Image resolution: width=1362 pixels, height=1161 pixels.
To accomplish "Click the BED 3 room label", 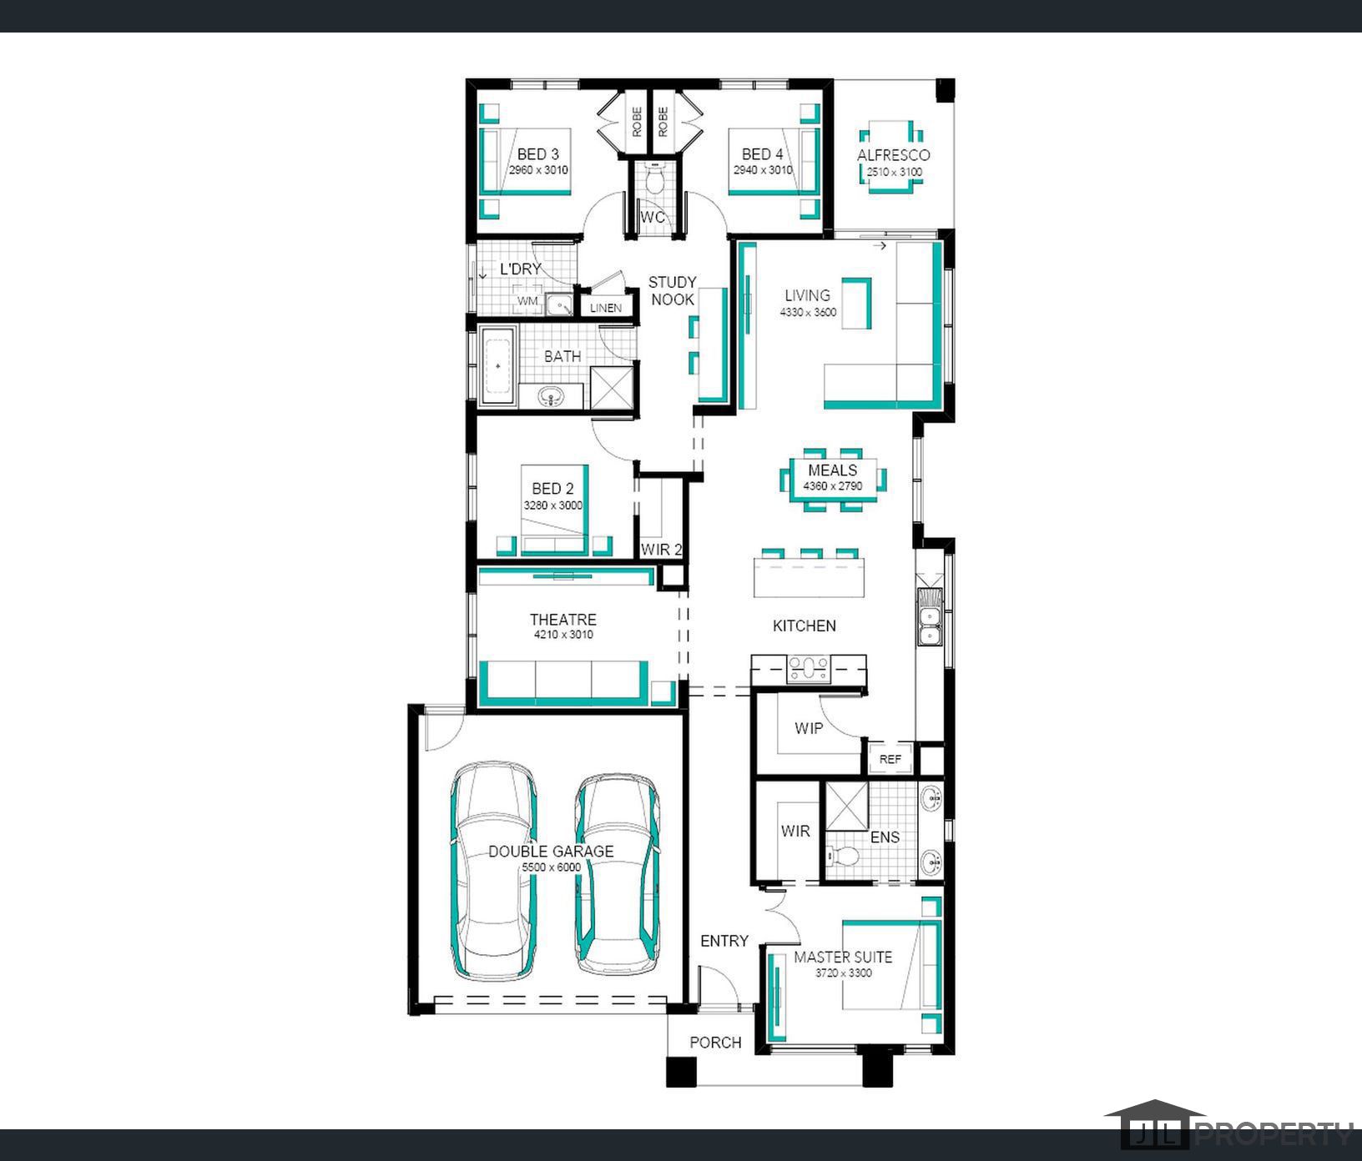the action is pyautogui.click(x=537, y=154).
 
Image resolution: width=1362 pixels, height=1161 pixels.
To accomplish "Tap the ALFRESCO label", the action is pyautogui.click(x=893, y=155).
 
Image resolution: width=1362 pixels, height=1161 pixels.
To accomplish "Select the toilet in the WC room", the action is pyautogui.click(x=653, y=181).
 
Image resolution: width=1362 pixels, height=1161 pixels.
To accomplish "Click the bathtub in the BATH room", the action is pyautogui.click(x=498, y=366).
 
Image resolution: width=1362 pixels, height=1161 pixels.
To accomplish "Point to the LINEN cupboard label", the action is pyautogui.click(x=606, y=308).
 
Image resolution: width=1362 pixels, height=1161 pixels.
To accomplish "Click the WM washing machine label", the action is pyautogui.click(x=527, y=300).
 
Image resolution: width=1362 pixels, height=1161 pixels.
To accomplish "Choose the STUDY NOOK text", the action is pyautogui.click(x=672, y=291).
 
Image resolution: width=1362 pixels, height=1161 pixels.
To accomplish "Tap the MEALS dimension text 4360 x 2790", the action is pyautogui.click(x=832, y=486).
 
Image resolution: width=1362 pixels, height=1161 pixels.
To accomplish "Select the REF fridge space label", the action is pyautogui.click(x=890, y=760).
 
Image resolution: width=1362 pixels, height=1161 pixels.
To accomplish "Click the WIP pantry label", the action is pyautogui.click(x=808, y=728).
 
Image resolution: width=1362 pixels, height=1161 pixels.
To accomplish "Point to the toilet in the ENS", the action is pyautogui.click(x=844, y=856).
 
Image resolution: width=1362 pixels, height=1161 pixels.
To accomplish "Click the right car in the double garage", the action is pyautogui.click(x=618, y=874).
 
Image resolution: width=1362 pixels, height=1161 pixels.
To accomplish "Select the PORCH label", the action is pyautogui.click(x=715, y=1043).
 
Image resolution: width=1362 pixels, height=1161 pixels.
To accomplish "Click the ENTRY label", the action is pyautogui.click(x=724, y=941).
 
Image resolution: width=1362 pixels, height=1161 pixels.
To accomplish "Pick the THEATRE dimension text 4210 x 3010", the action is pyautogui.click(x=563, y=635).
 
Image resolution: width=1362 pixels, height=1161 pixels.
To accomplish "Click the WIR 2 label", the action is pyautogui.click(x=662, y=550).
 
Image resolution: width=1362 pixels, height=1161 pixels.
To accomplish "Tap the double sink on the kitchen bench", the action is pyautogui.click(x=929, y=617).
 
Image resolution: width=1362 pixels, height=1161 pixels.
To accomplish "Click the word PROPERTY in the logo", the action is pyautogui.click(x=1274, y=1134).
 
